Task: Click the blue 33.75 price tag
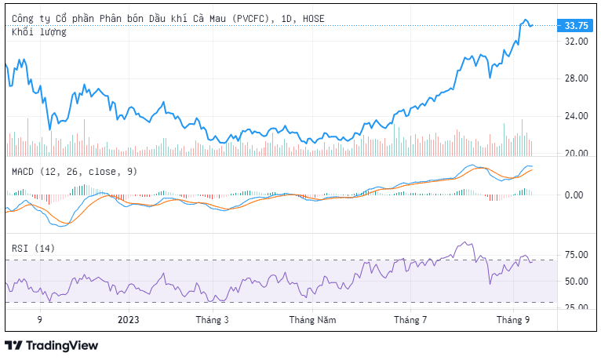point(577,25)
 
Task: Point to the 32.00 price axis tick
point(577,42)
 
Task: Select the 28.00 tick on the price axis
point(577,78)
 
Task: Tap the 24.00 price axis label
point(577,116)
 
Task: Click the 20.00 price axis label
point(577,153)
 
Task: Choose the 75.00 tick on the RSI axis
point(577,255)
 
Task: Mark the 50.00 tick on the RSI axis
point(577,281)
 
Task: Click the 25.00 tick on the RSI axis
point(577,307)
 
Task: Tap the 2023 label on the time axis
point(128,320)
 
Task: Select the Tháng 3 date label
point(211,320)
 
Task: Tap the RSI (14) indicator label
point(33,249)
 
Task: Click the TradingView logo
point(52,345)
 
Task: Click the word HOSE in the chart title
point(313,18)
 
